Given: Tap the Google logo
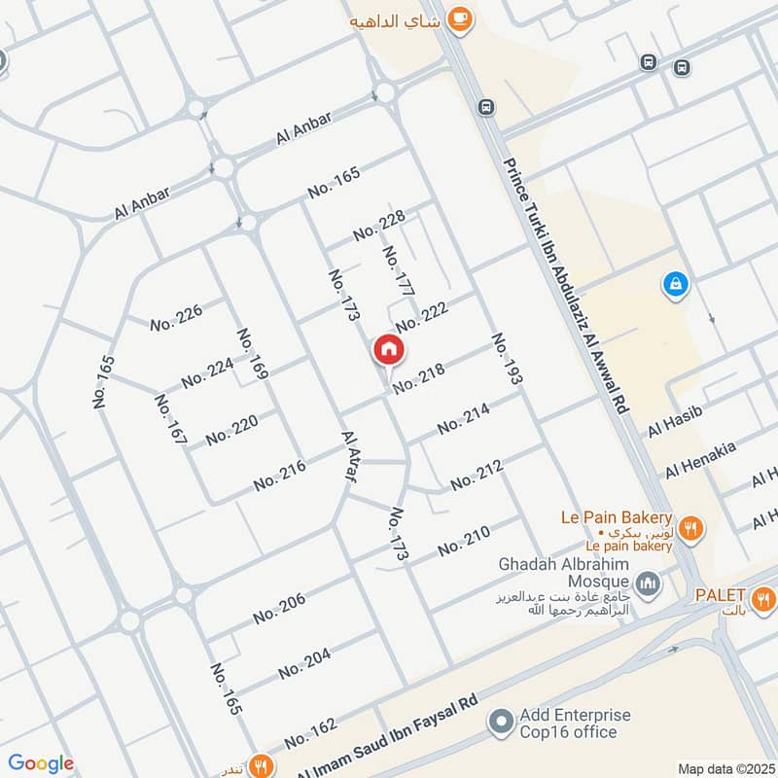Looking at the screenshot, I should pos(41,763).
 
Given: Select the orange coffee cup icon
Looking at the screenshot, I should pos(462,19).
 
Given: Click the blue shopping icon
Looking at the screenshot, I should pos(674,285).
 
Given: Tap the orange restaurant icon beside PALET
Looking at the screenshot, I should pos(764,596).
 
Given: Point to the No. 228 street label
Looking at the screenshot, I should pos(379,227).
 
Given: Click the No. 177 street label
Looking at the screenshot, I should pos(399,271).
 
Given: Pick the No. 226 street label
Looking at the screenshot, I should pos(176,318).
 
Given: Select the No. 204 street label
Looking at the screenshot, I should pos(304,664).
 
